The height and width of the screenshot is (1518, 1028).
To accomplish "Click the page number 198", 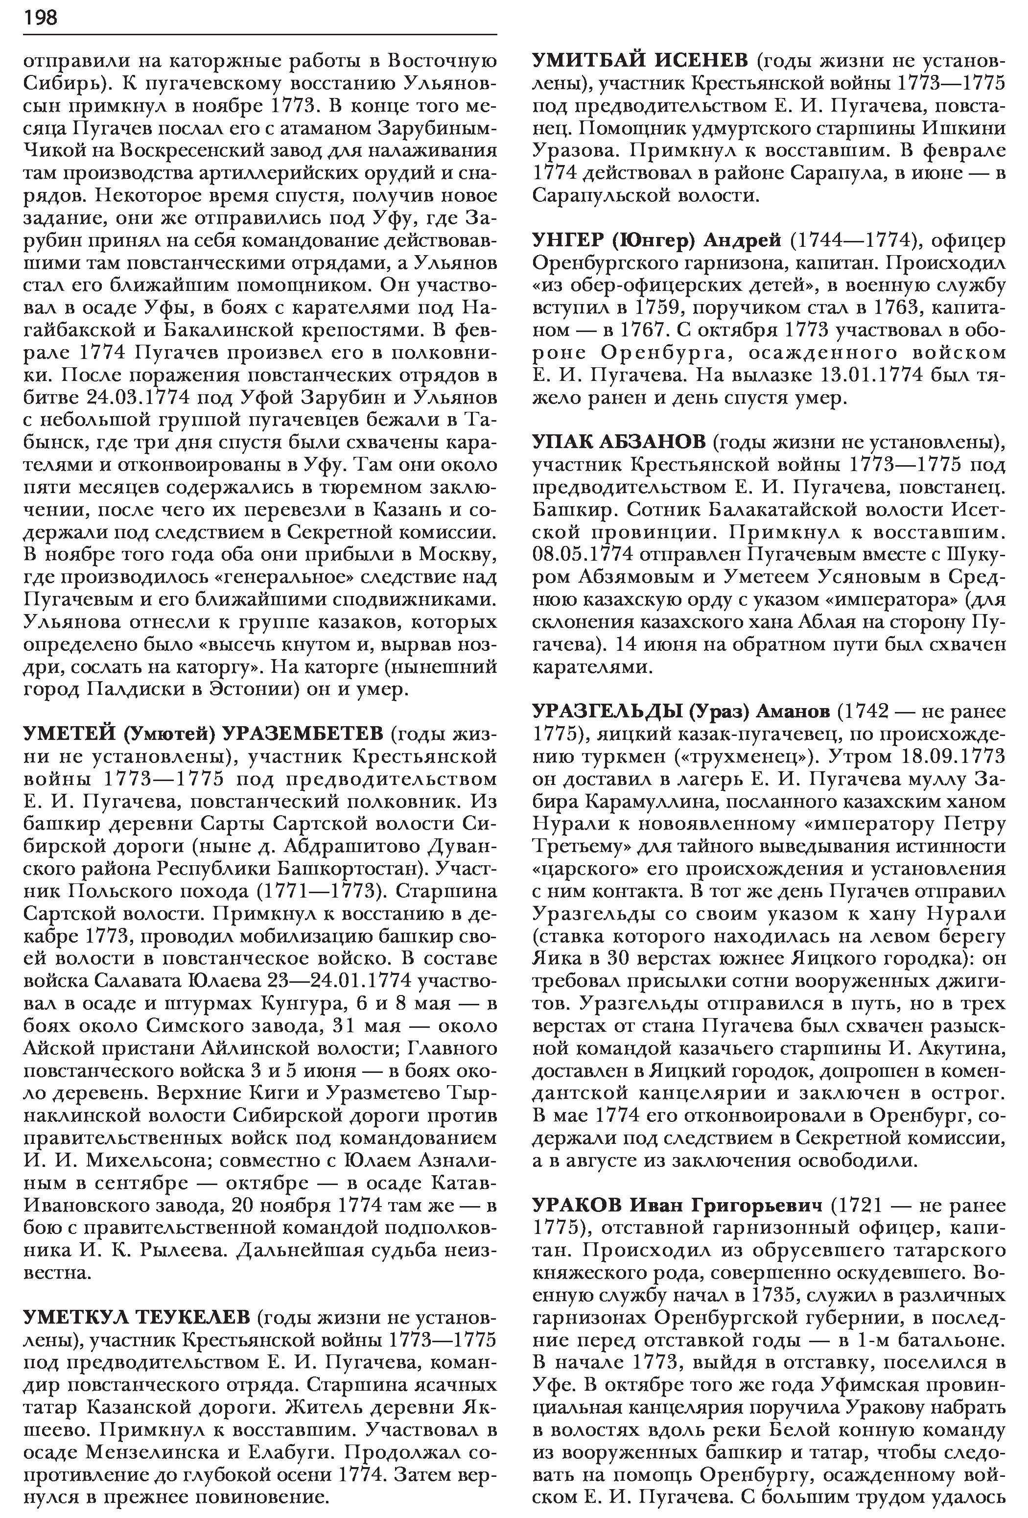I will click(41, 18).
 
